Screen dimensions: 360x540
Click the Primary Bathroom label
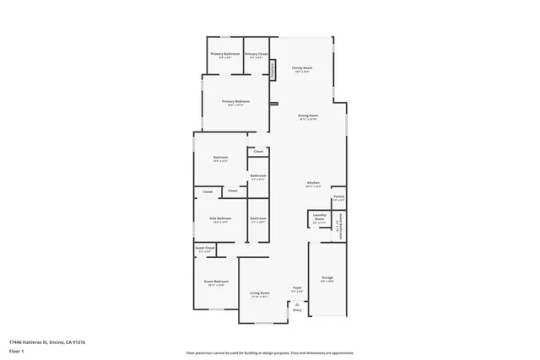click(224, 53)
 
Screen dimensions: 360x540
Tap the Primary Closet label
click(256, 53)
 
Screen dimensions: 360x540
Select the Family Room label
click(302, 67)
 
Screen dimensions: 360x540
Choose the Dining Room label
click(307, 116)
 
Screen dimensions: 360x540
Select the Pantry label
click(337, 196)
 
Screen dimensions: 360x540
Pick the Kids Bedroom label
click(220, 218)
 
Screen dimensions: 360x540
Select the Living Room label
click(258, 293)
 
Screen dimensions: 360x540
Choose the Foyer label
click(297, 287)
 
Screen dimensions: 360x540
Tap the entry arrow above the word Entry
click(296, 303)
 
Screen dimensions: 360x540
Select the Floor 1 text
click(16, 351)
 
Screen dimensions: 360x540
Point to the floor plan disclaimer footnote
click(270, 351)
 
